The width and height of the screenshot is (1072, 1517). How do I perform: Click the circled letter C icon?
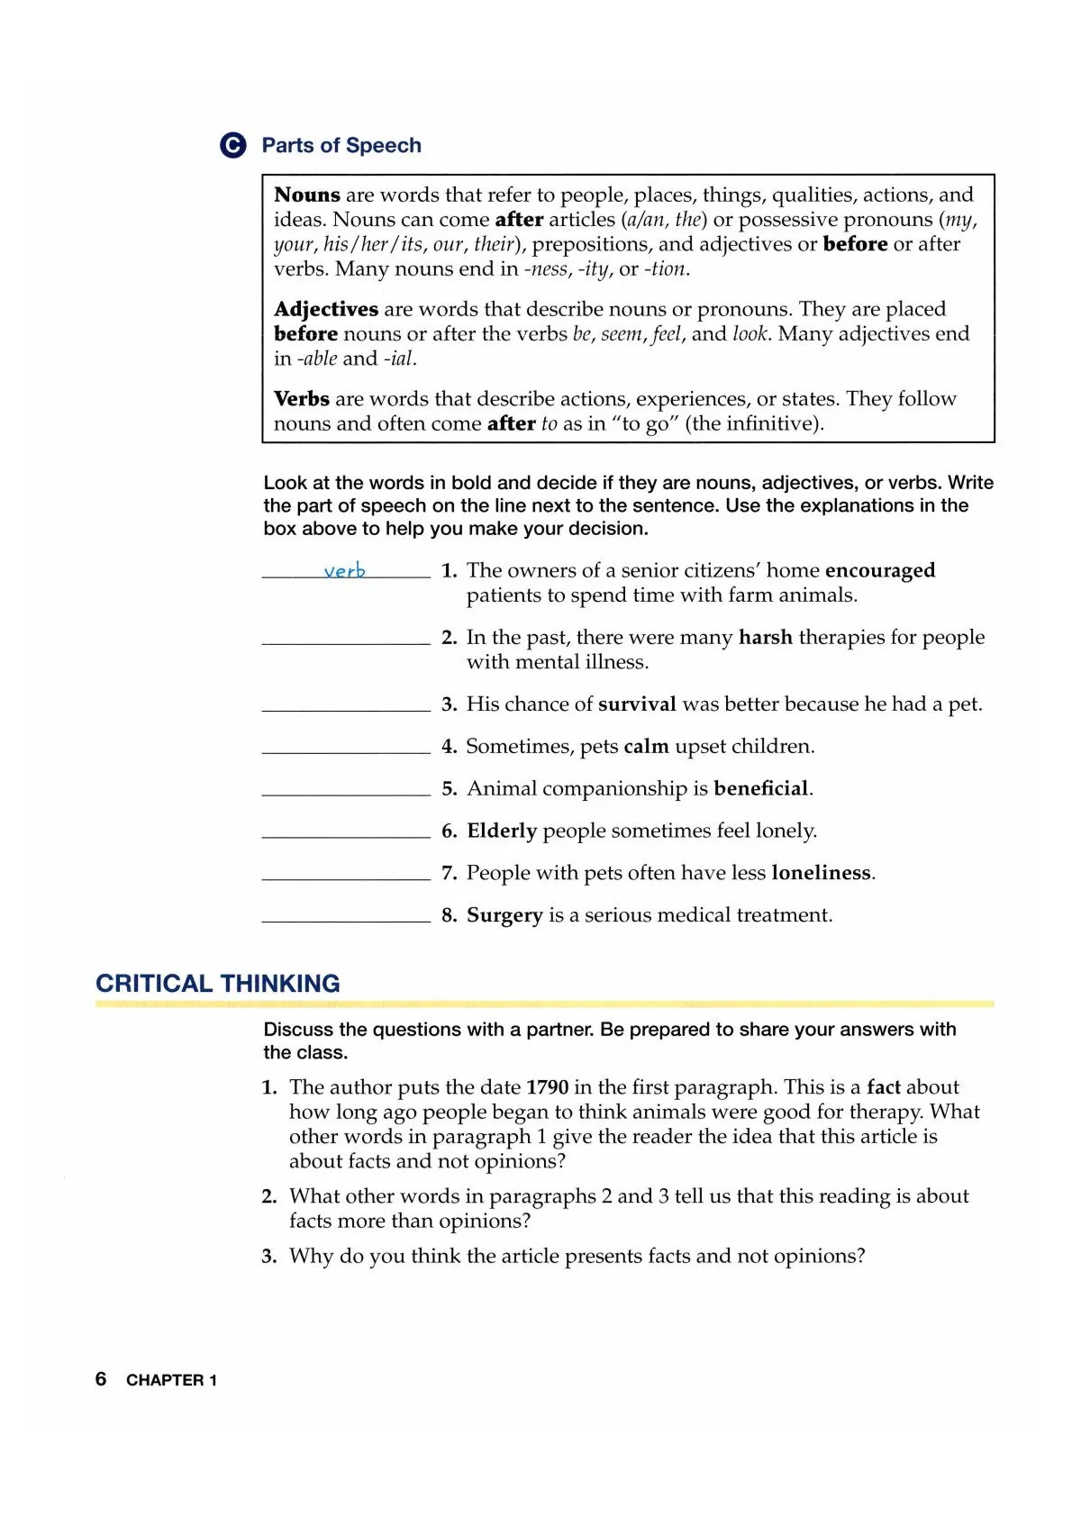point(232,146)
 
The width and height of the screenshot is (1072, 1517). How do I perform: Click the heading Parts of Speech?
point(341,146)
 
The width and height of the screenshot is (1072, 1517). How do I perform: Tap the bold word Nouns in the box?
point(307,195)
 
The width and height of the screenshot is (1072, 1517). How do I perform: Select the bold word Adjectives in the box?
point(326,309)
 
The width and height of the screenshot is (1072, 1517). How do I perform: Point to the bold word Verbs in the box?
point(302,398)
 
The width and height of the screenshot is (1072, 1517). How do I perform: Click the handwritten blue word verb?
point(345,571)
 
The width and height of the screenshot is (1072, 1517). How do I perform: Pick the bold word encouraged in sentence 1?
point(880,570)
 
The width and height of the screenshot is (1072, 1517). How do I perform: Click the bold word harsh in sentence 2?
point(766,637)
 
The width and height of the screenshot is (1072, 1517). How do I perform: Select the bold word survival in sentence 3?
point(637,704)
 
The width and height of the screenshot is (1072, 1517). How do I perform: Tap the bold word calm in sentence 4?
point(646,746)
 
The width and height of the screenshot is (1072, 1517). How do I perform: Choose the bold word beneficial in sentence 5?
point(761,788)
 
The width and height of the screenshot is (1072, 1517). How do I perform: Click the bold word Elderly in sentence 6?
point(502,831)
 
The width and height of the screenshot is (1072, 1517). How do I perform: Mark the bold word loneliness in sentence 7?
point(822,872)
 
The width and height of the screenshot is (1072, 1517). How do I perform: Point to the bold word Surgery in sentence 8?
point(504,915)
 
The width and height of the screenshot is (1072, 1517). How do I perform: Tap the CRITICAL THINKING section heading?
point(218,984)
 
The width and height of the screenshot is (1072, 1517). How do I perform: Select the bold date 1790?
point(547,1087)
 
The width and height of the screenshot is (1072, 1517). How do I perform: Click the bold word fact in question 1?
point(884,1087)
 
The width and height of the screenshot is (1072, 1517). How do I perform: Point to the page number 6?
point(101,1379)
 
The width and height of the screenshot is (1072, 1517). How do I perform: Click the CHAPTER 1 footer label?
point(171,1380)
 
